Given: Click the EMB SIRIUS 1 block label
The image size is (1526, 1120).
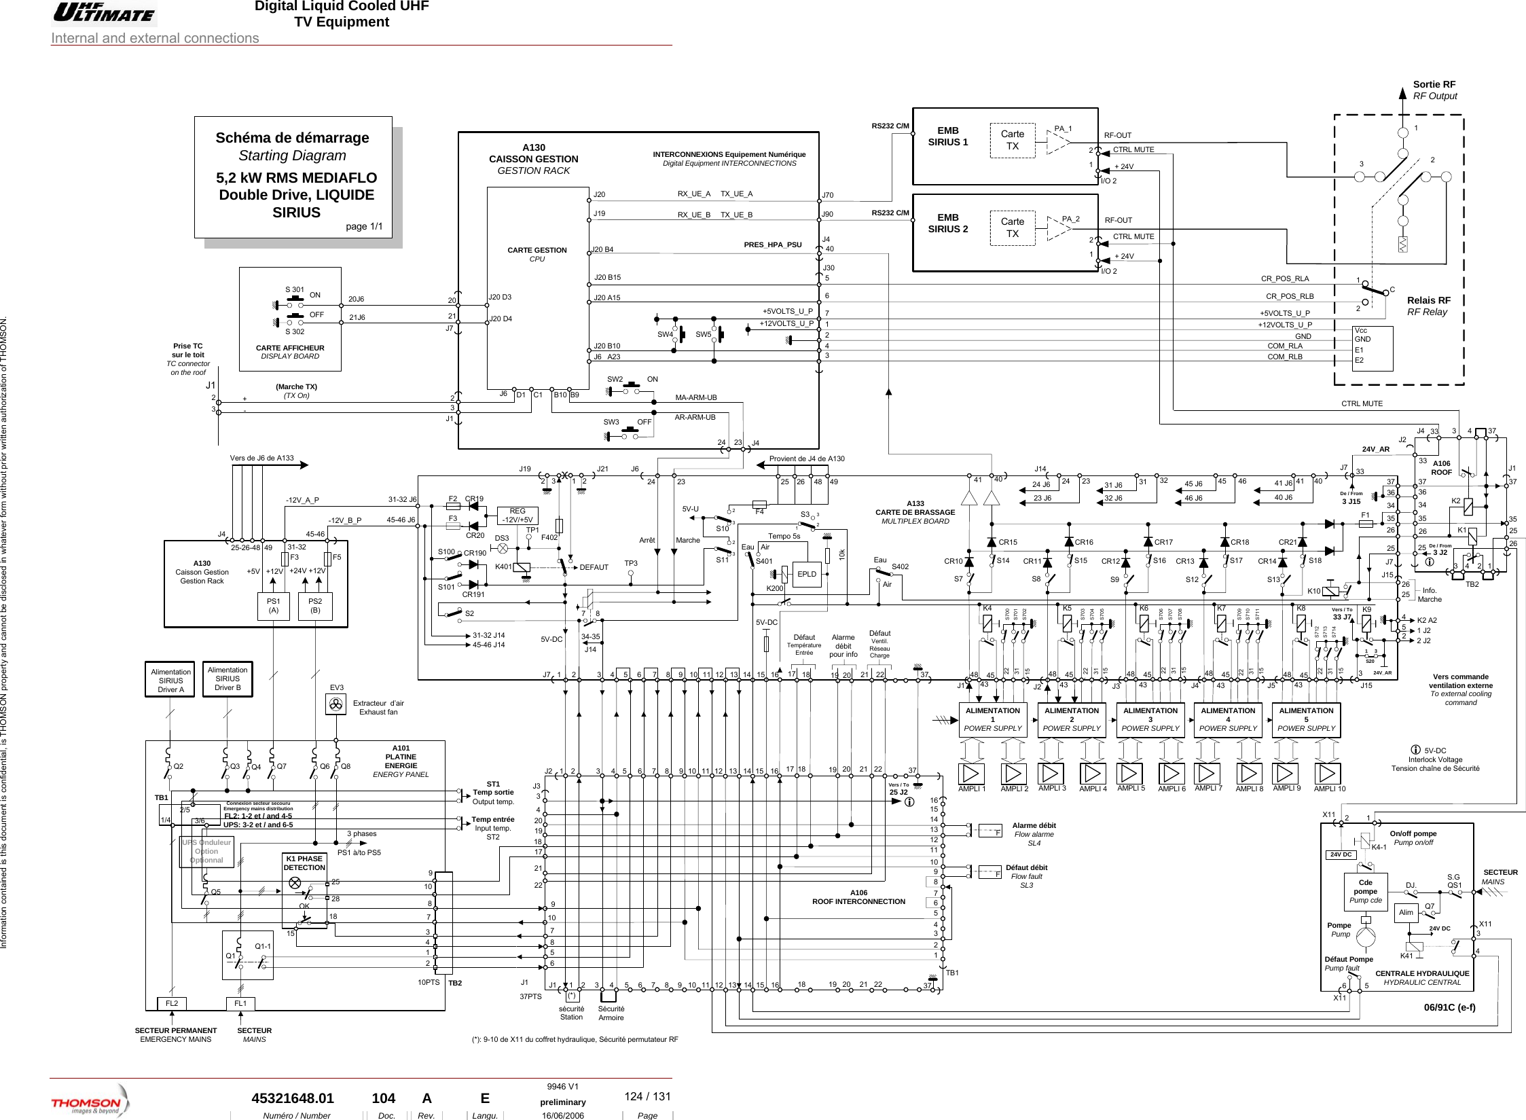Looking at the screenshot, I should [947, 136].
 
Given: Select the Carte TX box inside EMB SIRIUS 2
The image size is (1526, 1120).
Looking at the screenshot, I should [1012, 228].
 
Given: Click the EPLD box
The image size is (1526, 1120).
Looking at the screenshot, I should [807, 574].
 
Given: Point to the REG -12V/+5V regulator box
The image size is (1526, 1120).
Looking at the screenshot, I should [517, 516].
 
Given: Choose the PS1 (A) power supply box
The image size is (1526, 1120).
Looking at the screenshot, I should [274, 605].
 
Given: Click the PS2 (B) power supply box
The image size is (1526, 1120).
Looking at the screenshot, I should [315, 605].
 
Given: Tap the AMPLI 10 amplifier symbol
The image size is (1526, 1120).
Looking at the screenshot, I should [1328, 774].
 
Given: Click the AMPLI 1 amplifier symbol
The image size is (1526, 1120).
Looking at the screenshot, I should [972, 774].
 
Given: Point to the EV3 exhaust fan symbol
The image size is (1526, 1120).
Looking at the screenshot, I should [336, 706].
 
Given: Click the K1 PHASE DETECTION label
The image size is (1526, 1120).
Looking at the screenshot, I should [304, 863].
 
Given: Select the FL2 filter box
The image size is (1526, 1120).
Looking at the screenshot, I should [172, 1003].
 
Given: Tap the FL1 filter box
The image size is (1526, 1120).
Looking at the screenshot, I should [240, 1003].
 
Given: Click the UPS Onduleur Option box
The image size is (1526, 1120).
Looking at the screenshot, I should [206, 851].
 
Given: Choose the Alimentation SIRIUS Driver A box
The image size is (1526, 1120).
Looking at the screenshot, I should [170, 680].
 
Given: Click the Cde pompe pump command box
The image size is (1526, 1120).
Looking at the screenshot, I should [1365, 892].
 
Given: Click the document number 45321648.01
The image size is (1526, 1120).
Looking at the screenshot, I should [293, 1098].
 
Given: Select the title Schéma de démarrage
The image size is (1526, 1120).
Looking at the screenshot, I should [292, 138].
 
